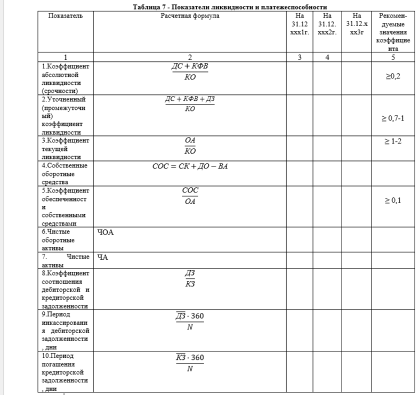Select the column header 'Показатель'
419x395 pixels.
pos(66,16)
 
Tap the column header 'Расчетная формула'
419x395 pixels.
pos(190,16)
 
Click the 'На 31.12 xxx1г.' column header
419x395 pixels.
pos(300,24)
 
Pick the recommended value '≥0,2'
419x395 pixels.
pos(393,77)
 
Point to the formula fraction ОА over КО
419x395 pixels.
pos(190,145)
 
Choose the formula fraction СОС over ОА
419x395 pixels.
pos(190,195)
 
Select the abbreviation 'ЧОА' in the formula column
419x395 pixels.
pos(106,232)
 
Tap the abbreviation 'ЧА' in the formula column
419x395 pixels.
pos(103,257)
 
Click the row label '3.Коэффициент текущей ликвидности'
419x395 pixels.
pos(66,149)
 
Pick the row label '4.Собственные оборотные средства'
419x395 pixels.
pos(66,174)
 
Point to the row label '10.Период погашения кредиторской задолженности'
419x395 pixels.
pos(66,372)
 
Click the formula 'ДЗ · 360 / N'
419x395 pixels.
pos(190,322)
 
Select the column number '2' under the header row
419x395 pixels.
pos(190,57)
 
